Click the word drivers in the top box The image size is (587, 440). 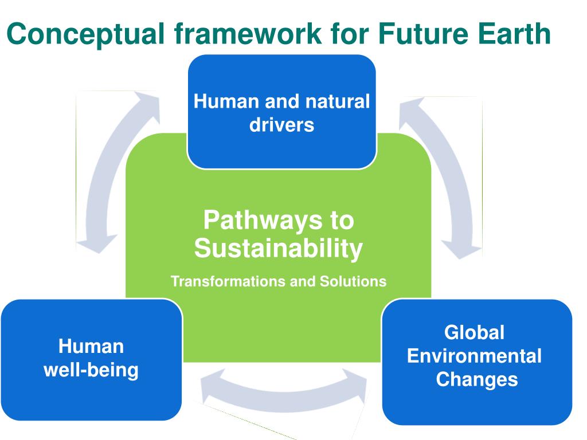(281, 125)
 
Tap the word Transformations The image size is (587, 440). (227, 282)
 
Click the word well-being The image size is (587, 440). (91, 370)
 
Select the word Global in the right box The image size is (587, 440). (475, 332)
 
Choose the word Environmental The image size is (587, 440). (475, 356)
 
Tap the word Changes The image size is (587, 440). (477, 379)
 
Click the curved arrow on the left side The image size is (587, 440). (106, 172)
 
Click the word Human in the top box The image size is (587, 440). (227, 102)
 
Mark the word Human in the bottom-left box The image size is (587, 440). (91, 347)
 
